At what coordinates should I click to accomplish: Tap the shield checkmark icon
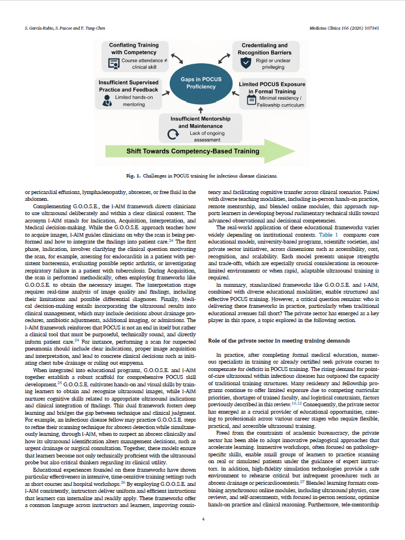(x=246, y=63)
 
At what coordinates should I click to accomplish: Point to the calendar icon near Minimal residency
(x=251, y=100)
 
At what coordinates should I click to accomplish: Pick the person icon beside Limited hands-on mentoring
(x=106, y=100)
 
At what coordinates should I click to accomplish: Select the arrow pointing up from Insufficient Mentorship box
(x=201, y=108)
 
